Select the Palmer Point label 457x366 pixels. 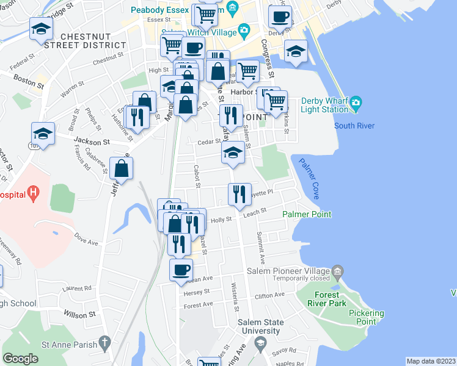tap(307, 214)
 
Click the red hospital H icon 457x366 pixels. tap(34, 194)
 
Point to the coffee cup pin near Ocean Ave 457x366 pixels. tap(181, 269)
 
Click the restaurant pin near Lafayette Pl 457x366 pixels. tap(239, 193)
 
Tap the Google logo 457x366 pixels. tap(20, 359)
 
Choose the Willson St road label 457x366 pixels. tap(79, 315)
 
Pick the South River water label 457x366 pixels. tap(354, 126)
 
